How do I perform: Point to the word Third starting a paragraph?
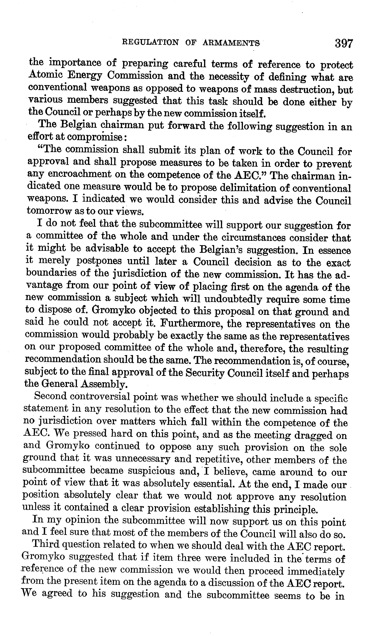tap(46, 545)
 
